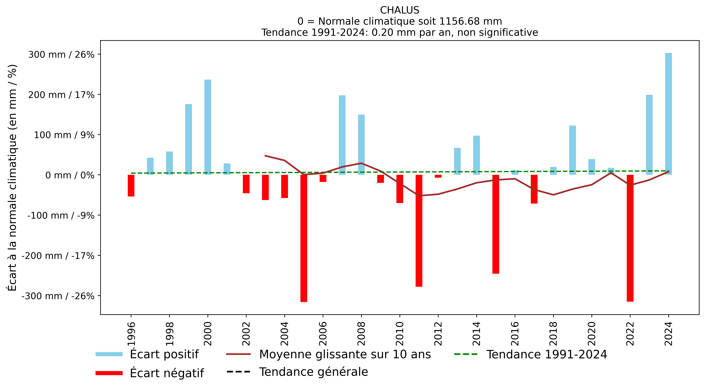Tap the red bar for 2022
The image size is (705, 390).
[630, 238]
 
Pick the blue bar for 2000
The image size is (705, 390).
[208, 127]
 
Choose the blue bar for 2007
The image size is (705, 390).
[342, 135]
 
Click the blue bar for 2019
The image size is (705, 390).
[573, 150]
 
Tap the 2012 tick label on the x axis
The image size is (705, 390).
[438, 334]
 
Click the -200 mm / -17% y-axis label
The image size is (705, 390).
[58, 256]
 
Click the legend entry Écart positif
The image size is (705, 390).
[147, 354]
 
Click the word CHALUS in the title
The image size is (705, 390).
[400, 10]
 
